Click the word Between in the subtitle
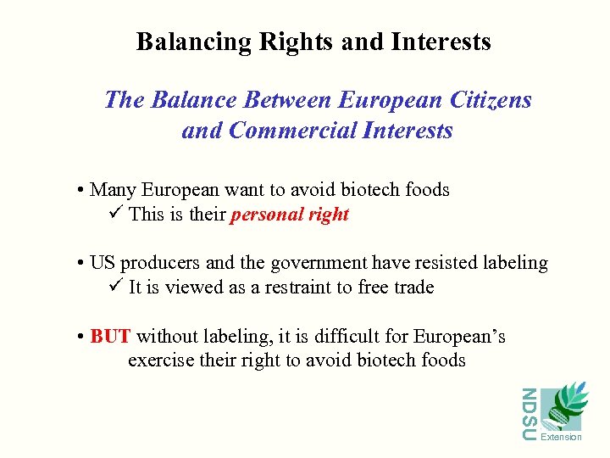[288, 100]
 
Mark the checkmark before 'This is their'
[118, 213]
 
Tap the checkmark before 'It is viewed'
[118, 286]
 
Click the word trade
[413, 288]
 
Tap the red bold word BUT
[110, 337]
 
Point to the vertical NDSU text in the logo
[529, 414]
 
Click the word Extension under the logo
[561, 437]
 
